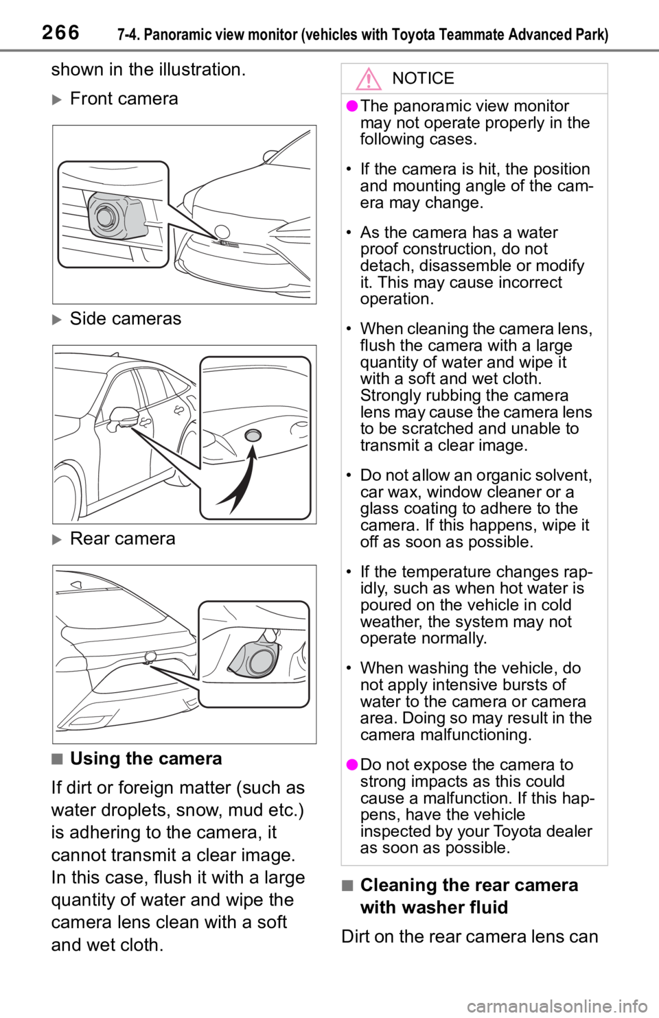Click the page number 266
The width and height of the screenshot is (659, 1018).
60,33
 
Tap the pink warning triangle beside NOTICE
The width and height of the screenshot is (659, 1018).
368,79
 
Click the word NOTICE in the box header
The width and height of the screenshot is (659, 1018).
423,78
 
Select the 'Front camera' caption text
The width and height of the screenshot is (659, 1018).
124,99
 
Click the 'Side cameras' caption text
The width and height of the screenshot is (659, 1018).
126,318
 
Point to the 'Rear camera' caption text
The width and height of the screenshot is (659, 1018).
122,538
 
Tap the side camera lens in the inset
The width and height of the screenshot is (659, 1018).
253,435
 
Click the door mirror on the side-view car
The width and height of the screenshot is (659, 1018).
122,416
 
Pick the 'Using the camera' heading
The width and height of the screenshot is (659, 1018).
146,759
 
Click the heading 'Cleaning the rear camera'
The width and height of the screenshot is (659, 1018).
469,885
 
